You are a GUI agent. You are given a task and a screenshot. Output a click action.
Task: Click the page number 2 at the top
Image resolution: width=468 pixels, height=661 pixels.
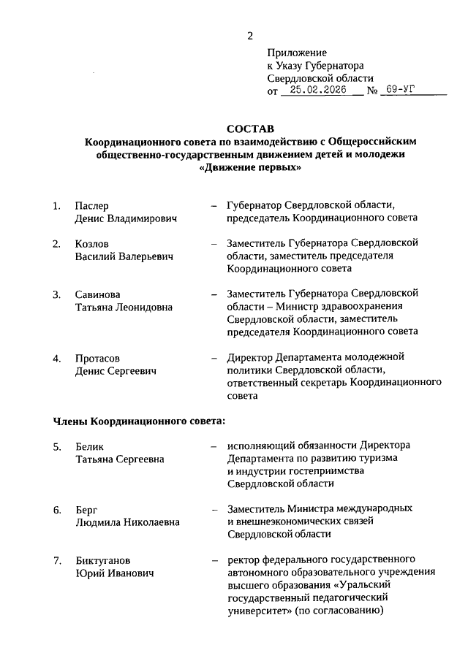pyautogui.click(x=250, y=36)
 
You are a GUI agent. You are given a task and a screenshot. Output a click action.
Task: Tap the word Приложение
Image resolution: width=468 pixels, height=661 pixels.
pyautogui.click(x=297, y=53)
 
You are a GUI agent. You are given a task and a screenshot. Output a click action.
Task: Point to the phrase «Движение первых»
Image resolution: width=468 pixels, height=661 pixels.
pyautogui.click(x=250, y=167)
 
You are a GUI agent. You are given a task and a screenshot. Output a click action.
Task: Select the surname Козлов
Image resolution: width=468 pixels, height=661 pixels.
pyautogui.click(x=92, y=243)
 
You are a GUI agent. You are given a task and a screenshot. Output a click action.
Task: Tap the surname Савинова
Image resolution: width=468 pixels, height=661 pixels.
pyautogui.click(x=97, y=294)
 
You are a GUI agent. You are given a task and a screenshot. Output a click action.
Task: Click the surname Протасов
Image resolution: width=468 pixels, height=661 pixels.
pyautogui.click(x=97, y=359)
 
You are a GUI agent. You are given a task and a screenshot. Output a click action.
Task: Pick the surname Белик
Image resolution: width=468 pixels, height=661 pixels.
pyautogui.click(x=90, y=446)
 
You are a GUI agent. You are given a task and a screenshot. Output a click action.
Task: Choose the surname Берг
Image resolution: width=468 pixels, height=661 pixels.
pyautogui.click(x=86, y=509)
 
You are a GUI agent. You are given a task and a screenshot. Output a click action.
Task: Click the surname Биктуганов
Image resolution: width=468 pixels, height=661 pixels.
pyautogui.click(x=104, y=560)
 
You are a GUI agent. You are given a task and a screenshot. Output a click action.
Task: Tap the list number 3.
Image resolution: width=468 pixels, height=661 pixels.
pyautogui.click(x=56, y=294)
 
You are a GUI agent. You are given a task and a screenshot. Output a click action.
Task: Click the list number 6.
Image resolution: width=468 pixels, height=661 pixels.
pyautogui.click(x=56, y=509)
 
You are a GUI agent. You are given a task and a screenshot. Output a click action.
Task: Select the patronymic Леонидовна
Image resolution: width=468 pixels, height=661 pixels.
pyautogui.click(x=146, y=307)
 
